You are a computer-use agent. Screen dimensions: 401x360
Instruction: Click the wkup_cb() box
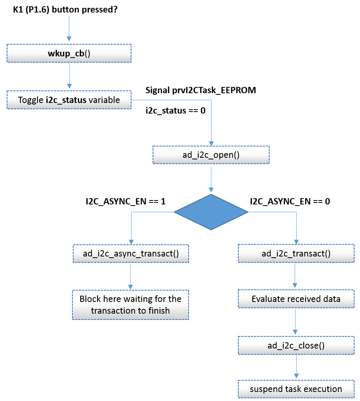click(x=69, y=53)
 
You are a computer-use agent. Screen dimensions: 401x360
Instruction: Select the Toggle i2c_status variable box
click(x=69, y=100)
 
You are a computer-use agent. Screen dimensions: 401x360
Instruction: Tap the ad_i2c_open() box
click(x=211, y=155)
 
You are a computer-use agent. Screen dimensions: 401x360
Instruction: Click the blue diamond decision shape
click(x=211, y=212)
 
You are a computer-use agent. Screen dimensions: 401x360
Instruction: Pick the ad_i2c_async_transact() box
click(x=131, y=254)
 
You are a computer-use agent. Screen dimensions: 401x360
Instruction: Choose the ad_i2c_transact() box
click(x=296, y=254)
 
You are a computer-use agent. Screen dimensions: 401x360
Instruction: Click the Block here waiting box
click(x=130, y=305)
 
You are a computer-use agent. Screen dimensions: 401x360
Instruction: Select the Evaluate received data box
click(x=296, y=299)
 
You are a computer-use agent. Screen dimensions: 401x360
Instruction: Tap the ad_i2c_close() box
click(x=296, y=345)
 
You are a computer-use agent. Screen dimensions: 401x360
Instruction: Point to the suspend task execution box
click(x=296, y=389)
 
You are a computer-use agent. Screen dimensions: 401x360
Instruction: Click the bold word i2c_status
click(x=66, y=100)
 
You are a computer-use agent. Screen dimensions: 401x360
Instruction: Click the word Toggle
click(x=31, y=100)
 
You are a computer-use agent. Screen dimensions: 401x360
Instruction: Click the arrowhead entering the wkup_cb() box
click(x=69, y=39)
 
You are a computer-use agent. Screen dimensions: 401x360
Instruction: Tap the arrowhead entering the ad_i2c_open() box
click(x=211, y=143)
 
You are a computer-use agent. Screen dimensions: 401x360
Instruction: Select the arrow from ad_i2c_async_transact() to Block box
click(x=131, y=276)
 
